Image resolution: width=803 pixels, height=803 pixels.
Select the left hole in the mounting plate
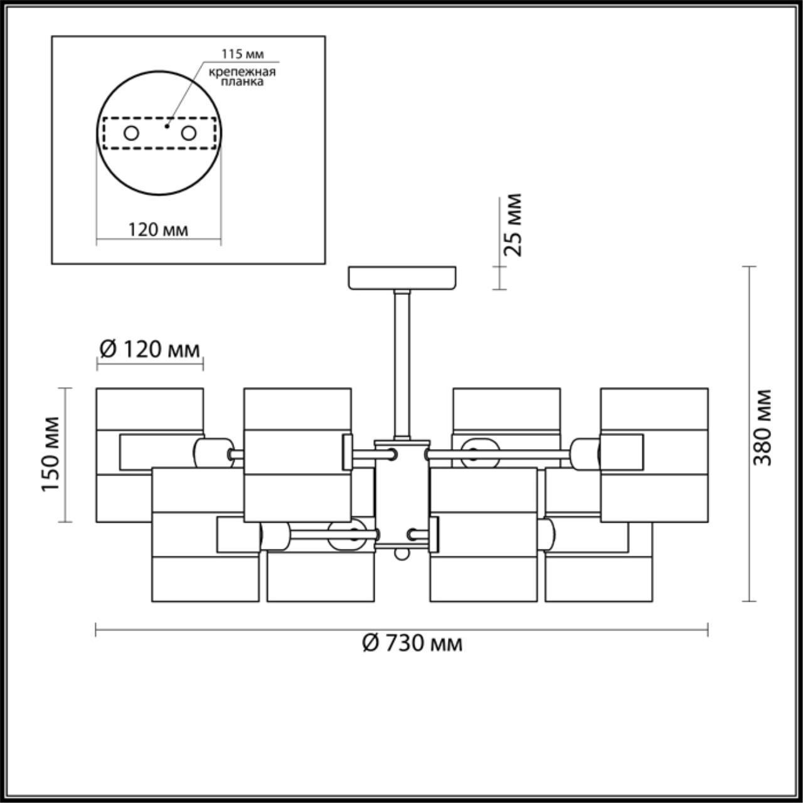(x=131, y=133)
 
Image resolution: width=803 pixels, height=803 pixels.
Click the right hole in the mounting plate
(x=188, y=133)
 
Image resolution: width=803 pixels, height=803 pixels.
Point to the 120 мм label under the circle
(x=158, y=230)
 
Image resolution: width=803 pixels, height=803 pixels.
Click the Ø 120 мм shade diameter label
(x=150, y=348)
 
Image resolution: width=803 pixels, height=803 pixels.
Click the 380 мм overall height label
(x=763, y=427)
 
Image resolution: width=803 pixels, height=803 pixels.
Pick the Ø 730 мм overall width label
(x=412, y=642)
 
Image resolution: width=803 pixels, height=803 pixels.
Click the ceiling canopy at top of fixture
(x=402, y=279)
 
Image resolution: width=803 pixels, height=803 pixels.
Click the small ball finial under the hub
(x=401, y=555)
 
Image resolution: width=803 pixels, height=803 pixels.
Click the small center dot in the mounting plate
(x=166, y=125)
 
